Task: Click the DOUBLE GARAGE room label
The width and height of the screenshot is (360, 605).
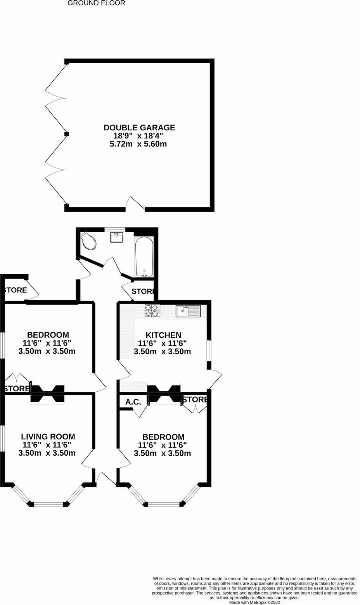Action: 139,128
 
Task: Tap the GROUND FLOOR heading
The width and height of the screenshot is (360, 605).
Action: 96,3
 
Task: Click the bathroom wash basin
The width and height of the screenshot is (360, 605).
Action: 117,237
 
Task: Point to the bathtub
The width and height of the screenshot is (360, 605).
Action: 144,256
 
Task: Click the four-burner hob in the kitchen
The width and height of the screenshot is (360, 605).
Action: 152,311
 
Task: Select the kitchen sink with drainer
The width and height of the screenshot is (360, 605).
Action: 188,311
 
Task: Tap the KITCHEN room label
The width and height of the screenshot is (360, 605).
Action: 163,335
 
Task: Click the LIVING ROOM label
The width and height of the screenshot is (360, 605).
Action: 48,437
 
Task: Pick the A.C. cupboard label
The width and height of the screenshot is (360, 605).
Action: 133,402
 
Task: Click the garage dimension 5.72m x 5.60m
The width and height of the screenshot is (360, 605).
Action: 138,144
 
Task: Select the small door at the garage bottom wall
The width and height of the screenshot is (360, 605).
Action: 135,204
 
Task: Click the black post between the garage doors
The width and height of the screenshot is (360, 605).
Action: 67,134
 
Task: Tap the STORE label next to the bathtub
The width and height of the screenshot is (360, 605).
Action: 143,291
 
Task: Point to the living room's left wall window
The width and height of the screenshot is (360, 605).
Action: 2,438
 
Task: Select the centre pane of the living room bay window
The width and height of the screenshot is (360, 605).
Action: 48,504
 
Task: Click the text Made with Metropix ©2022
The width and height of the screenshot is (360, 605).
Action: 254,602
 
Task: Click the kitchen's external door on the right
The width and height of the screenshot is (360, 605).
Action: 215,380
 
